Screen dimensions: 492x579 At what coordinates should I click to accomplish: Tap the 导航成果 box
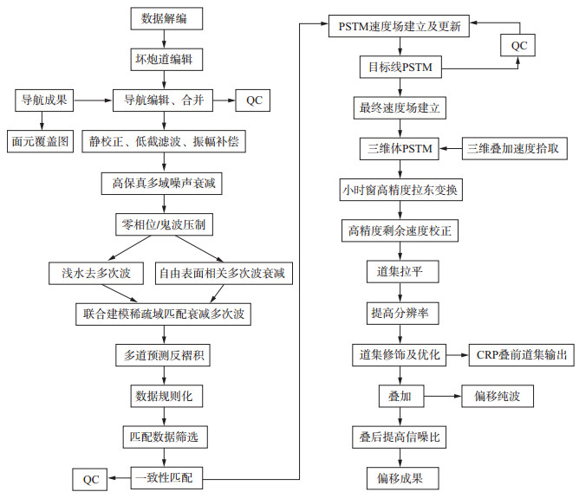pyautogui.click(x=44, y=100)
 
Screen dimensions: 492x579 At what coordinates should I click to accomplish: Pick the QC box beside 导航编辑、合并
pyautogui.click(x=254, y=100)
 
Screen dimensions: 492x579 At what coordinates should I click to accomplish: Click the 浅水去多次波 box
pyautogui.click(x=90, y=274)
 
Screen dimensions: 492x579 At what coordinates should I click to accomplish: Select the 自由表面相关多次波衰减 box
pyautogui.click(x=224, y=274)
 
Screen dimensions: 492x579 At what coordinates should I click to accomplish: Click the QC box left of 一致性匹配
pyautogui.click(x=92, y=477)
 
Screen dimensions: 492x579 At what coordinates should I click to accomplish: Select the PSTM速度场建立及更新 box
pyautogui.click(x=400, y=26)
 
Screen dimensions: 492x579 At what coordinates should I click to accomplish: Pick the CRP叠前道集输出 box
pyautogui.click(x=521, y=354)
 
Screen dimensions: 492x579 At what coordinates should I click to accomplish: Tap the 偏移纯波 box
pyautogui.click(x=498, y=396)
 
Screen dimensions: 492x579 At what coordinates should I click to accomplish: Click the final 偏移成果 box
pyautogui.click(x=400, y=477)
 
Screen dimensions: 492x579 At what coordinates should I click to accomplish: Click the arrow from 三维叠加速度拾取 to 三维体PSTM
pyautogui.click(x=451, y=149)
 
